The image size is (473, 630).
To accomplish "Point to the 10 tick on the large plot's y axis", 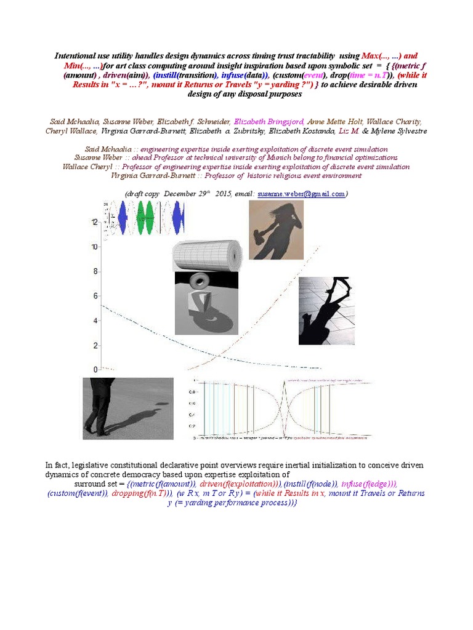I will click(94, 247).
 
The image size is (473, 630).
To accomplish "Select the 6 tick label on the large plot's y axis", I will click(95, 296).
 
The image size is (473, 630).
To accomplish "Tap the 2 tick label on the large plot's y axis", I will click(95, 345).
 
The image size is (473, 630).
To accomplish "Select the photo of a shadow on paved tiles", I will click(328, 311).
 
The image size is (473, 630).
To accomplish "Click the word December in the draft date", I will click(182, 193).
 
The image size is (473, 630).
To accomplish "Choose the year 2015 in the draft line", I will click(225, 193).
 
